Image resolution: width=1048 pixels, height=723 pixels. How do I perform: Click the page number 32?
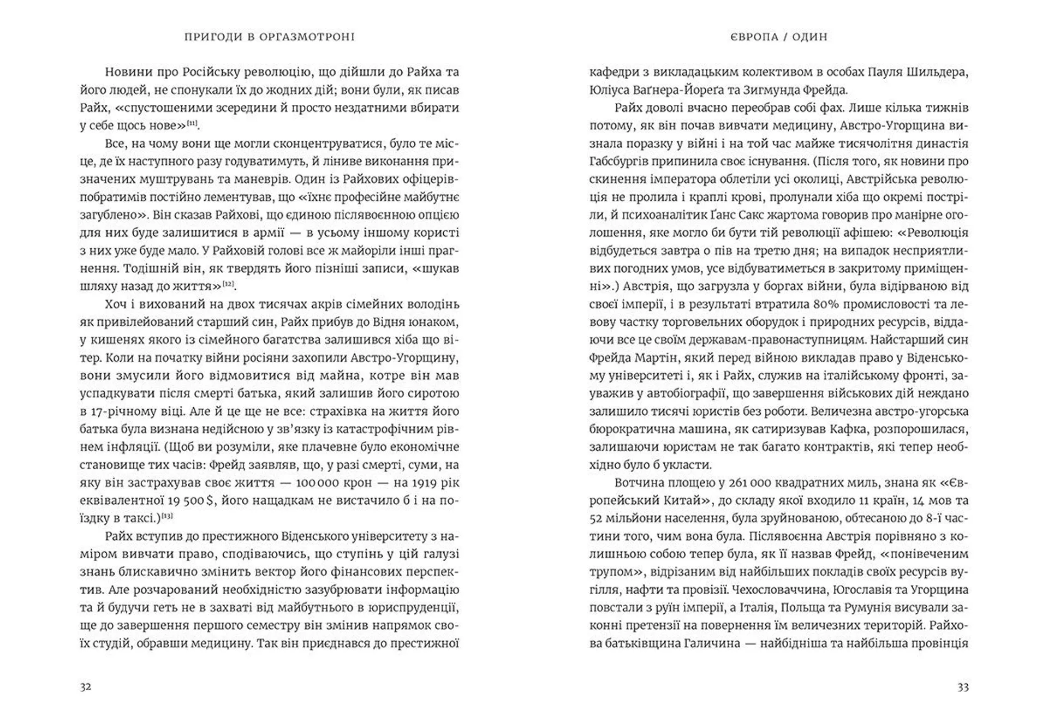click(86, 687)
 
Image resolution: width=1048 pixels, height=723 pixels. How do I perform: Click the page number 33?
click(963, 687)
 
